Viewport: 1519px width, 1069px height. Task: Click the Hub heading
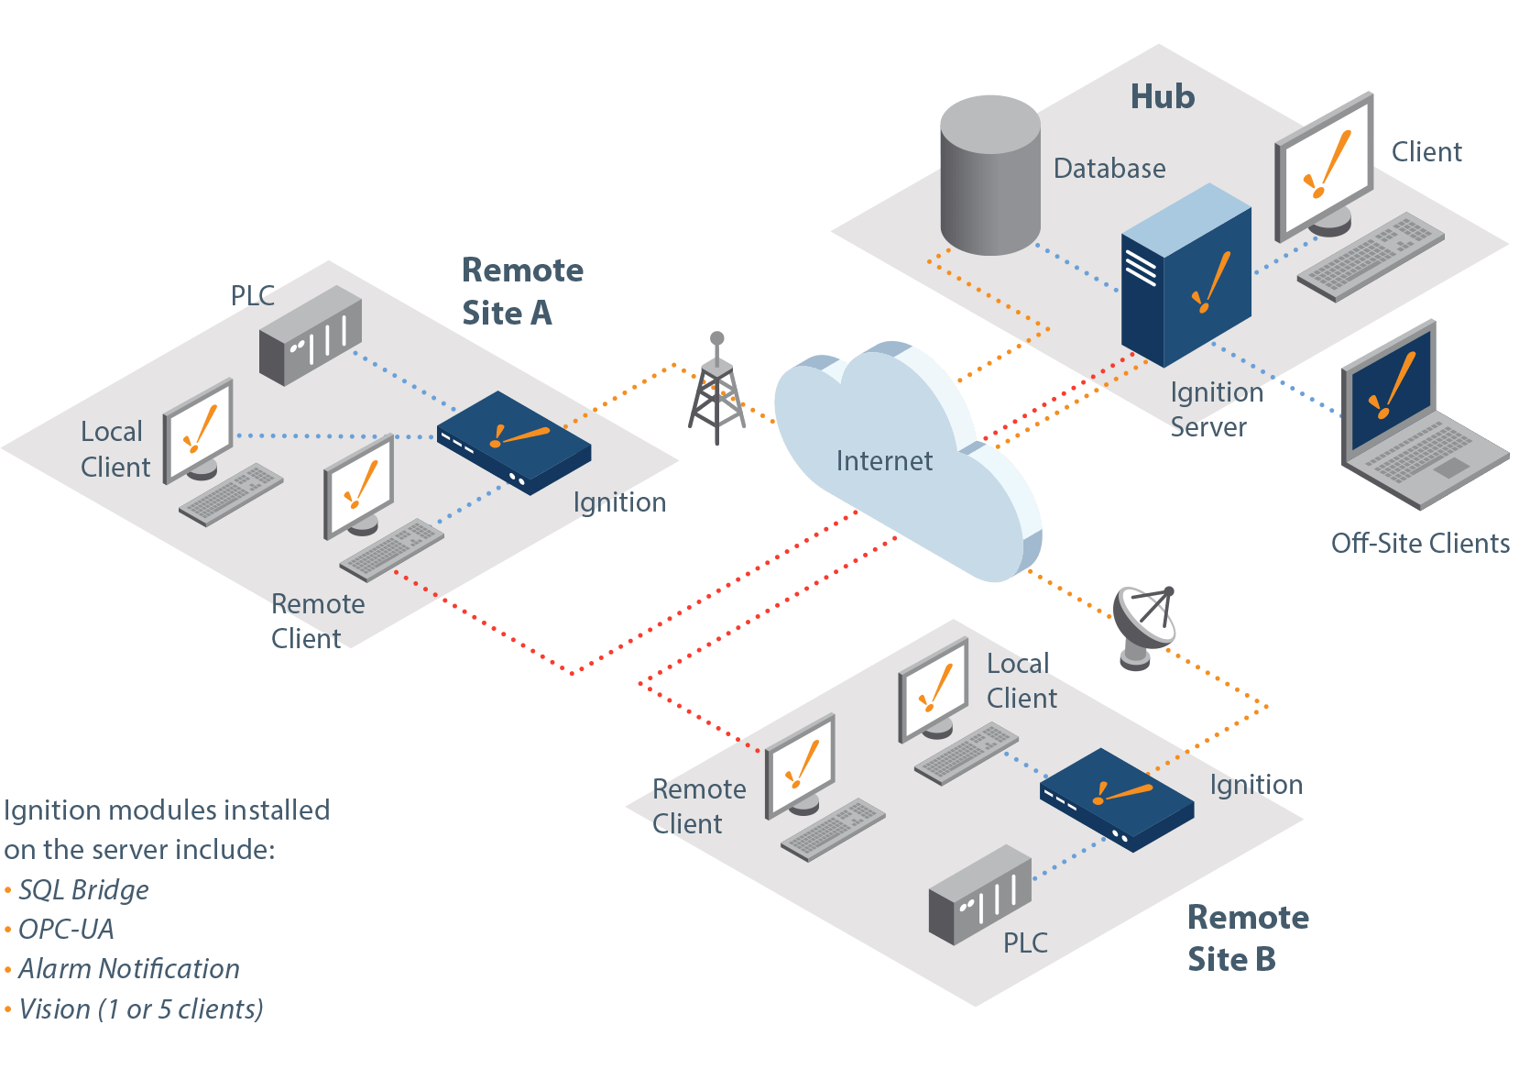click(x=1162, y=97)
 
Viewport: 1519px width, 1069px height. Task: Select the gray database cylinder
click(x=989, y=176)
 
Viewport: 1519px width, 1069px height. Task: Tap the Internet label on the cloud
click(x=884, y=461)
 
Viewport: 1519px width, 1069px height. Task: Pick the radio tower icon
click(x=716, y=391)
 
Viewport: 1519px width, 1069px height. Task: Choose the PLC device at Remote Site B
click(x=979, y=896)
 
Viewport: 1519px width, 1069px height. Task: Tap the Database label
click(x=1109, y=169)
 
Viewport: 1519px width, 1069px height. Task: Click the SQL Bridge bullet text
click(x=83, y=890)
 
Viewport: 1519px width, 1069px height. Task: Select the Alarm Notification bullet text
click(x=128, y=969)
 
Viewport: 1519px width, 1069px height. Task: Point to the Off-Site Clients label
click(x=1419, y=544)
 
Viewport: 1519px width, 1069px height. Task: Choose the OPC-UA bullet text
click(x=66, y=930)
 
